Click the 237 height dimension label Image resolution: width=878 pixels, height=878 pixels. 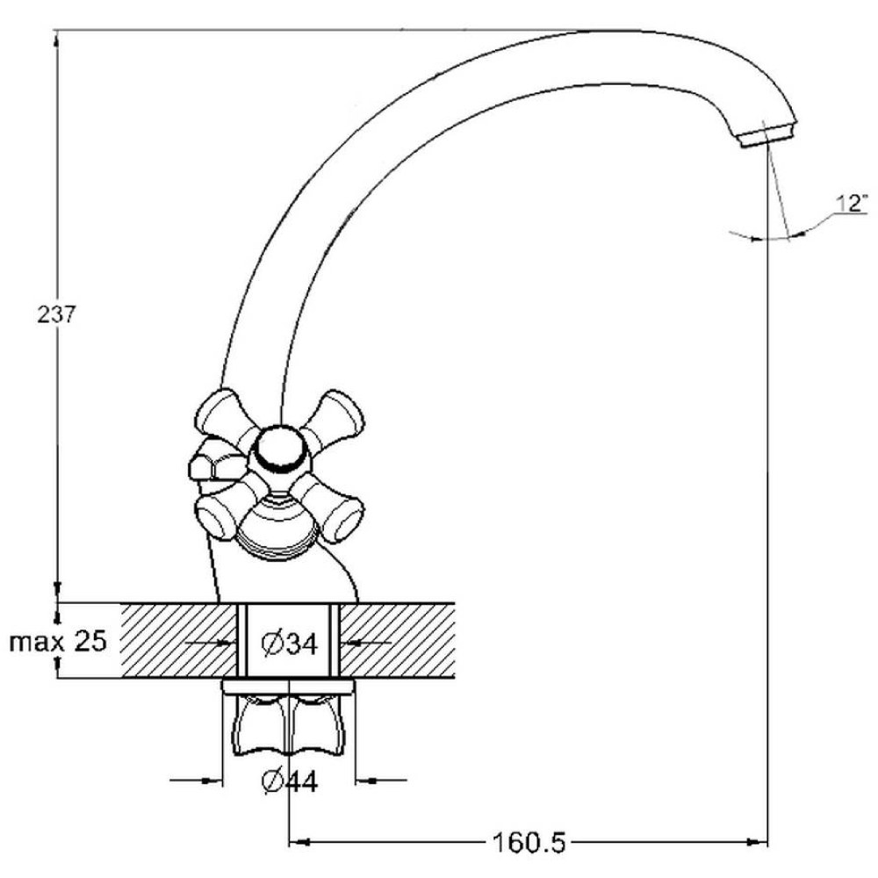pos(56,314)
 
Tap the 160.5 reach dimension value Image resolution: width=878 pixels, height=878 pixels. pos(529,842)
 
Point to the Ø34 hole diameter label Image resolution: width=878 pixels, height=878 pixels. pos(290,644)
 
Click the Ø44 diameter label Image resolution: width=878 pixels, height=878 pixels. pos(290,781)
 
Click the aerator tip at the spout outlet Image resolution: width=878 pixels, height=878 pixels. pos(768,135)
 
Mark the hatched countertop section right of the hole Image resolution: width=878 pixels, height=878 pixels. pos(398,641)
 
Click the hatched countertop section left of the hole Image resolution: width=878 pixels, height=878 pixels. pos(179,641)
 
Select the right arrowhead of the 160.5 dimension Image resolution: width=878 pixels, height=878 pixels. pos(758,842)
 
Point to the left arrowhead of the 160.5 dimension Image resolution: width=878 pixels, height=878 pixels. pos(300,842)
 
